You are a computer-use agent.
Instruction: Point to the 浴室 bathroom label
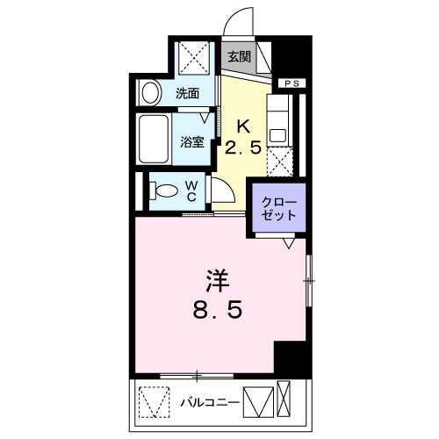(x=192, y=140)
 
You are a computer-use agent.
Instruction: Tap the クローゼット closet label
(x=277, y=208)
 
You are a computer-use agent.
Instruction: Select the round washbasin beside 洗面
(x=150, y=90)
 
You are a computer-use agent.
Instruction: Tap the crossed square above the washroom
(x=193, y=59)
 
